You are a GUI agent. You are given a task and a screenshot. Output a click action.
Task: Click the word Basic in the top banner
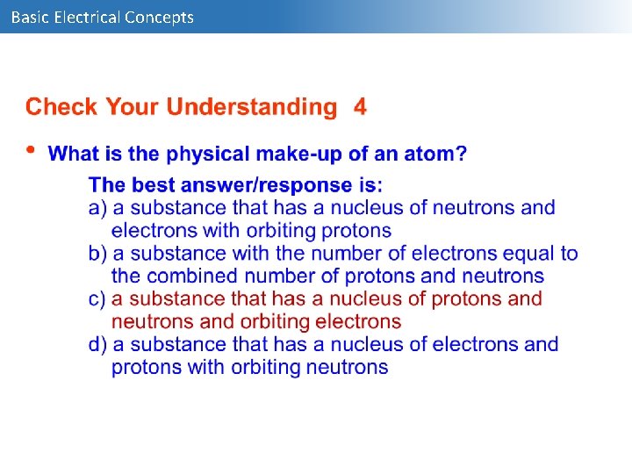[x=30, y=17]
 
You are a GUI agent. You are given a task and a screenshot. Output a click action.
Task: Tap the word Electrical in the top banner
[x=87, y=17]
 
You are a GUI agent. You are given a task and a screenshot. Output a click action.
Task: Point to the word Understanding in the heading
[x=252, y=108]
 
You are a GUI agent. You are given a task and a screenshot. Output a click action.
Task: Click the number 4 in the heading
[x=360, y=108]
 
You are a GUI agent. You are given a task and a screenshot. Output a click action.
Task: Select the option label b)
[x=98, y=254]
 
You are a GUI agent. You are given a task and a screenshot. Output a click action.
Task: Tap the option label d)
[x=98, y=345]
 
